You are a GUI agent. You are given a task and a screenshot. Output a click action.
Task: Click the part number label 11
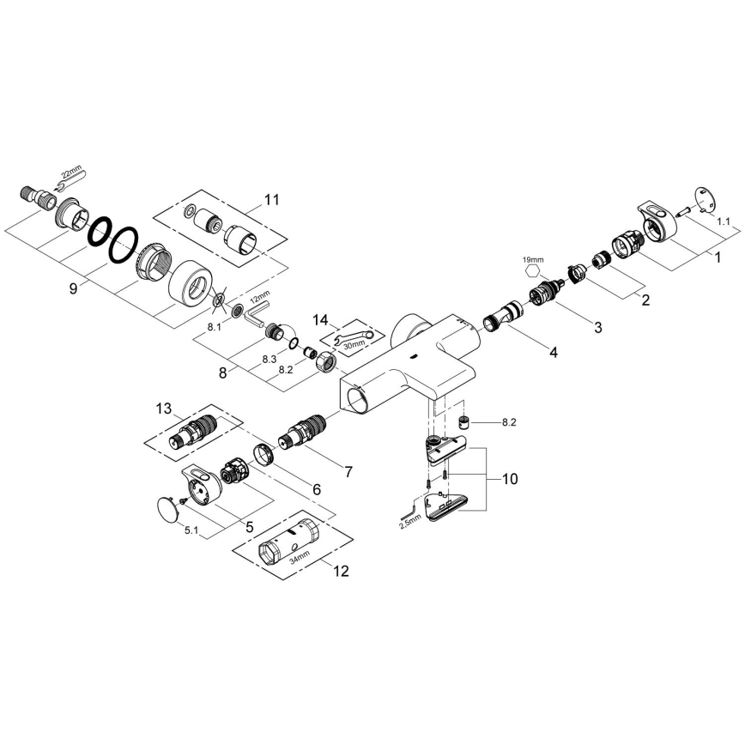pyautogui.click(x=271, y=200)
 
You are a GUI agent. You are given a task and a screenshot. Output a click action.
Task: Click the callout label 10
pyautogui.click(x=509, y=479)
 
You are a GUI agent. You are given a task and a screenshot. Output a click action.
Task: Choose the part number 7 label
pyautogui.click(x=348, y=471)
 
